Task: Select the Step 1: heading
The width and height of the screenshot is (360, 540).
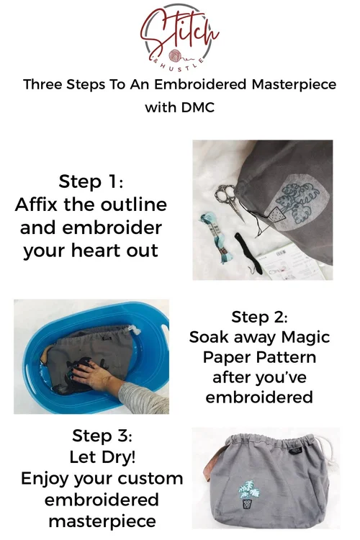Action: tap(91, 181)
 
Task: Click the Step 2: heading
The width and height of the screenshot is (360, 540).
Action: tap(260, 317)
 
